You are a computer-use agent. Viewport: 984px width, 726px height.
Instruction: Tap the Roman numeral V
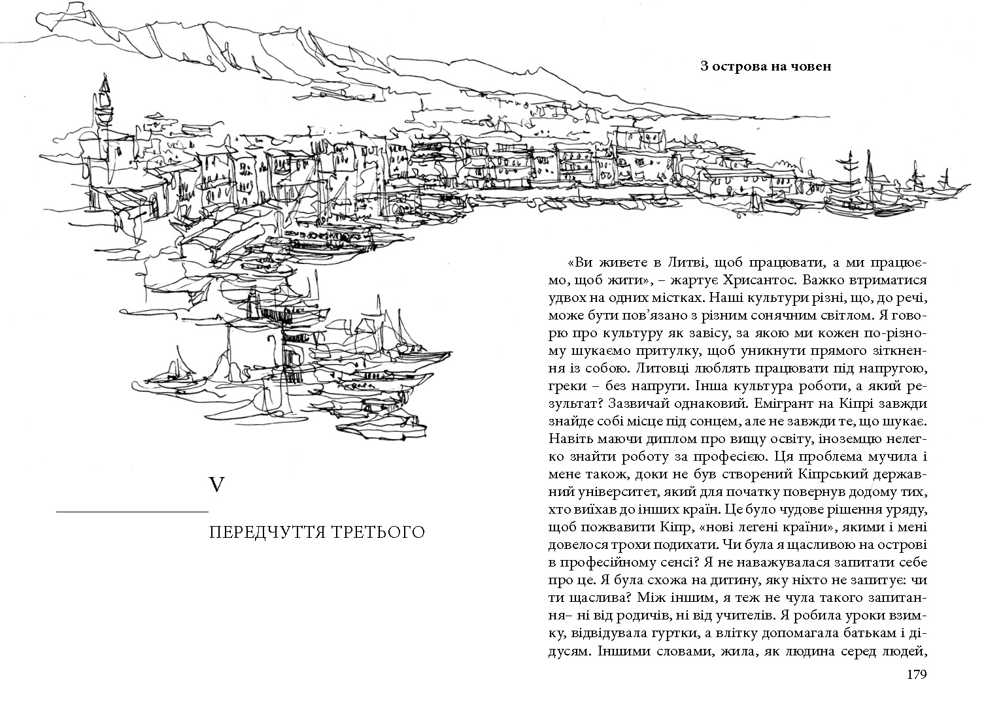point(216,485)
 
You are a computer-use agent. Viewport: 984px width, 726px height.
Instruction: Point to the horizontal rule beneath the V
point(132,510)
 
